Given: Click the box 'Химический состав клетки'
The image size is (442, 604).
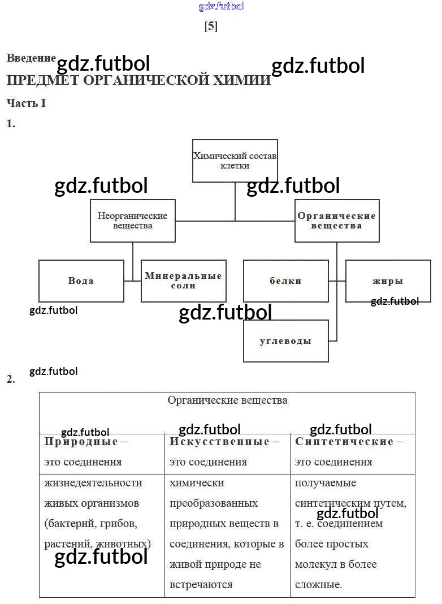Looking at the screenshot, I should pos(235,161).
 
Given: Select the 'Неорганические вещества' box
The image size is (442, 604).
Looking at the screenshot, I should pos(133,221).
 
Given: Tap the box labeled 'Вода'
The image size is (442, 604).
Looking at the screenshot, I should pos(81,281).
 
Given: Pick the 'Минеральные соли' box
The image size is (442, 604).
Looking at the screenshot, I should pos(183,281).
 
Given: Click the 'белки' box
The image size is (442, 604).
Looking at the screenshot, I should pos(285,281).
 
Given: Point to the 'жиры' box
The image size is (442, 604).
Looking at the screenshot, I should pos(388,281).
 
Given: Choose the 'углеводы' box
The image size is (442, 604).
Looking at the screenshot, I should pos(285,341).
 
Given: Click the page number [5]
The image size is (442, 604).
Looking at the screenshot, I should pos(211,27).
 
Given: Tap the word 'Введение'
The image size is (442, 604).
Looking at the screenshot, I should pos(31,58).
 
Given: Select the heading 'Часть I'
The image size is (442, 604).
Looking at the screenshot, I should pos(26,103).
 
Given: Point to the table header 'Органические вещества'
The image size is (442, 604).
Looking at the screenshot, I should pos(227,400).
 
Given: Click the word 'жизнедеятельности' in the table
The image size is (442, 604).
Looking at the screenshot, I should pos(93,483).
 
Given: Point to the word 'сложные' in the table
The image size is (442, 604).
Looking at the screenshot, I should pos(318,585).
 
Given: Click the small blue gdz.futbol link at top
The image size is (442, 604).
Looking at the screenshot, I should pos(222,7).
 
